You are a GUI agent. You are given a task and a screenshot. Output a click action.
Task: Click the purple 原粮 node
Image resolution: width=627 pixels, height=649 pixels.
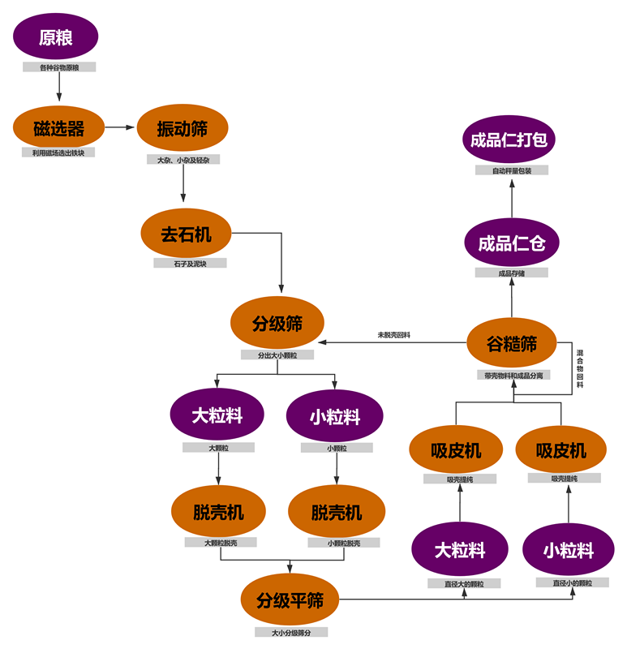[56, 37]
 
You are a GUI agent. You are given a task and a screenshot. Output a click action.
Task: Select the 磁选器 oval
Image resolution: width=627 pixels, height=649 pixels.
[59, 127]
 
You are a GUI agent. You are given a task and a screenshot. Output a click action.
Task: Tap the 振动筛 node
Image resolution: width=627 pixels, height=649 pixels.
[183, 127]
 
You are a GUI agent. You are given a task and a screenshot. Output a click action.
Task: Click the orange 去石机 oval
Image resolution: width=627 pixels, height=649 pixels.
[186, 234]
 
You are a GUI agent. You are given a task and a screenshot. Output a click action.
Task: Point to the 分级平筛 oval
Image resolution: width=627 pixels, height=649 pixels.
[290, 600]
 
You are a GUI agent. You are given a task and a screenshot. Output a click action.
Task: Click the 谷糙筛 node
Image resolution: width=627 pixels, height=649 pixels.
[512, 343]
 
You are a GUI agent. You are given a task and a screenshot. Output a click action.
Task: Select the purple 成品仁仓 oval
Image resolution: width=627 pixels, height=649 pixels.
[512, 243]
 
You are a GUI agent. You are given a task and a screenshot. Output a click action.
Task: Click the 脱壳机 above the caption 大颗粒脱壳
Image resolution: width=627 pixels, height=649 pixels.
[218, 512]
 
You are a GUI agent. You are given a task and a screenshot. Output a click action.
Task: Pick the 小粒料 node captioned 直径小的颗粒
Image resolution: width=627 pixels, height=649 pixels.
[569, 551]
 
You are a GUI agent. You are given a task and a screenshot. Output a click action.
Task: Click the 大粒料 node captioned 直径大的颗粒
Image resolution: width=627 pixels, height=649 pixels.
[460, 549]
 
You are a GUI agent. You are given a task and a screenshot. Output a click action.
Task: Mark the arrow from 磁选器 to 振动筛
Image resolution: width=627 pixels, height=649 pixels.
[121, 127]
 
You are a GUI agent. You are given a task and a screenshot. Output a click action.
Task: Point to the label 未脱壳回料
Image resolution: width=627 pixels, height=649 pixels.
[393, 334]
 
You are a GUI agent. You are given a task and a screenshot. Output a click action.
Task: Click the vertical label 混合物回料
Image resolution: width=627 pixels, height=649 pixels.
[580, 369]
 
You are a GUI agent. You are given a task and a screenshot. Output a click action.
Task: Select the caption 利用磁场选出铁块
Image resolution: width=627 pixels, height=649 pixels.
[58, 153]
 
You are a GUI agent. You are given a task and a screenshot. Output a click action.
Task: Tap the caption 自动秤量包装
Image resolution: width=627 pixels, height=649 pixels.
[512, 170]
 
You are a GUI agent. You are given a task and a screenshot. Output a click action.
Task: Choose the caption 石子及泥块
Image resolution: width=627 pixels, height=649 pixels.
[190, 263]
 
